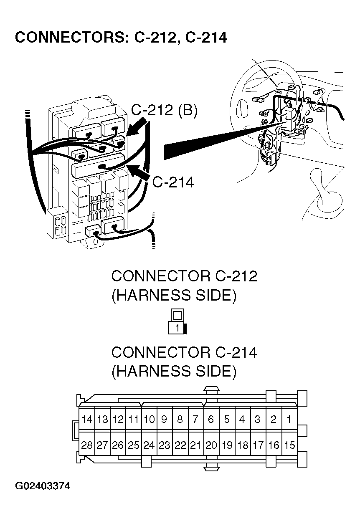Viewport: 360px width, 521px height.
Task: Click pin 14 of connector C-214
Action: [87, 420]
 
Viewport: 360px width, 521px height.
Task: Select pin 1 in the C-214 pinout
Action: [289, 420]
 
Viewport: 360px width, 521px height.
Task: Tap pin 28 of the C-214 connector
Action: [87, 445]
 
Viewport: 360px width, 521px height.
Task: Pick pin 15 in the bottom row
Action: [289, 445]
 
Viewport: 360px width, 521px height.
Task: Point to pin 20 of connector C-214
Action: [211, 445]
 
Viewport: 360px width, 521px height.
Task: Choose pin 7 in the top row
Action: [195, 420]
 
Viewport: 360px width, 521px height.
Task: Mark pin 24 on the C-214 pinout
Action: [149, 445]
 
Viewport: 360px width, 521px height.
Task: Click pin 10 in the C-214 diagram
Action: [149, 420]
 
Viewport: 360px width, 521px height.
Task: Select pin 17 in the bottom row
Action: [258, 445]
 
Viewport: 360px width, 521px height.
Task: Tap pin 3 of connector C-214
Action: [258, 420]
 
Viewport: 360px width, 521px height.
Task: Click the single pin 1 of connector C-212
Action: [177, 328]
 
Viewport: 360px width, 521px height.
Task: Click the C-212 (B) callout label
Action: [164, 111]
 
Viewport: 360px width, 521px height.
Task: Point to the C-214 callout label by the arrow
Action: [173, 182]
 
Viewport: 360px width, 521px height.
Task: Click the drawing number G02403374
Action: [43, 486]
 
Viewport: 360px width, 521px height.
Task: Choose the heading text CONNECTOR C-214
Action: [184, 352]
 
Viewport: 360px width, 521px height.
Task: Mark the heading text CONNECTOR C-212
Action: [184, 276]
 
